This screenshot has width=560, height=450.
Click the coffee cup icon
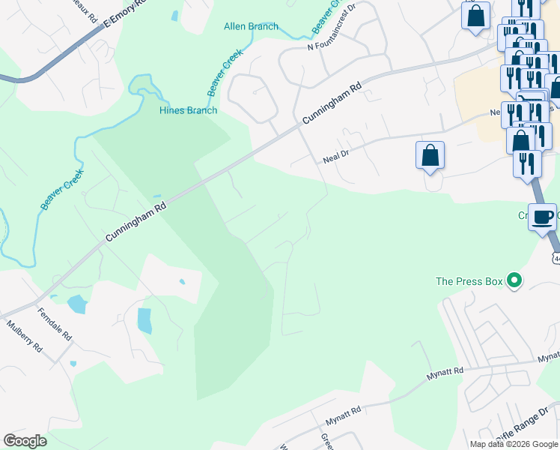(x=542, y=217)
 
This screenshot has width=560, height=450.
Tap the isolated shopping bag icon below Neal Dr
(x=430, y=155)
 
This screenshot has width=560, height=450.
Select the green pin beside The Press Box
(x=514, y=282)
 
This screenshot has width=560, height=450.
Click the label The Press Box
(x=469, y=282)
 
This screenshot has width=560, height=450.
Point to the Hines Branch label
(x=188, y=110)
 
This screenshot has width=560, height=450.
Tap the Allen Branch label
(x=251, y=26)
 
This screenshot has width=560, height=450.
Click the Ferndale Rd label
(x=54, y=325)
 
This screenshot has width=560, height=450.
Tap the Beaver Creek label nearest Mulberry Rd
(x=62, y=189)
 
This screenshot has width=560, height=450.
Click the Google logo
(x=25, y=441)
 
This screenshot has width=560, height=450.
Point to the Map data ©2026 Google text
(x=514, y=444)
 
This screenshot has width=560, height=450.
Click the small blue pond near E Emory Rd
(x=174, y=15)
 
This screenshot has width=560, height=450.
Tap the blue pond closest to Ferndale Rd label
(x=76, y=304)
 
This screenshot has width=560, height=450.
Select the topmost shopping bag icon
(x=475, y=15)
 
